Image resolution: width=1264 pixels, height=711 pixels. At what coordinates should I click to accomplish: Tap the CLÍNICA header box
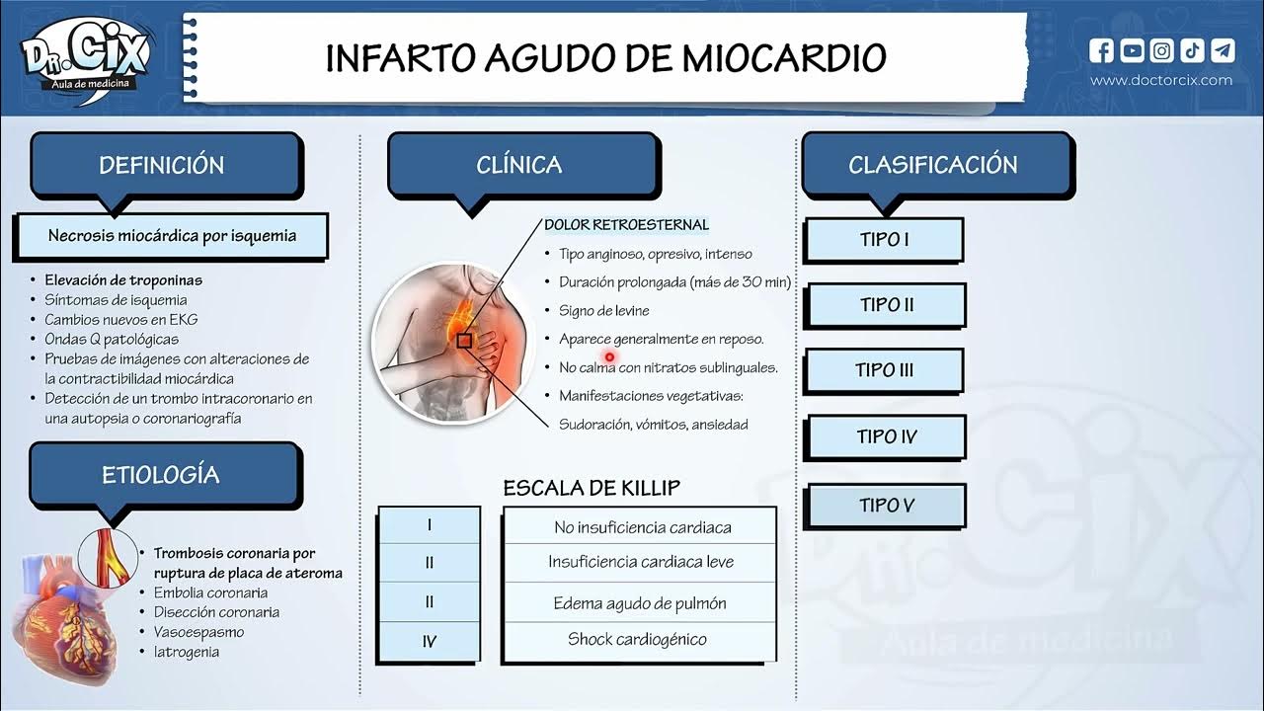click(x=519, y=165)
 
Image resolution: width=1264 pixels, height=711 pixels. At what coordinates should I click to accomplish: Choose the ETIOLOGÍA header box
click(x=161, y=475)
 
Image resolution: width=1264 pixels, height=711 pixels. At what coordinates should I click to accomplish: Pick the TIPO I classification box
click(x=884, y=240)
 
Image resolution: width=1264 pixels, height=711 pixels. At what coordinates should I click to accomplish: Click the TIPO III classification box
click(x=884, y=371)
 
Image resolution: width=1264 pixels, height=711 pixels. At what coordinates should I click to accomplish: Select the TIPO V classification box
click(x=886, y=506)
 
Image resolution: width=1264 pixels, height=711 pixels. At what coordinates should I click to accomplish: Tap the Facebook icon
click(x=1102, y=50)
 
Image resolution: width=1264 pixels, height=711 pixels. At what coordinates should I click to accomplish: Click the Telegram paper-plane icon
click(x=1223, y=50)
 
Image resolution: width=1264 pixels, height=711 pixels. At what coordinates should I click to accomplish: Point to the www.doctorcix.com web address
click(x=1161, y=80)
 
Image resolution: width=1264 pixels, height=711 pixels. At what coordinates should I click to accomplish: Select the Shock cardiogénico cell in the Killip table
click(x=637, y=640)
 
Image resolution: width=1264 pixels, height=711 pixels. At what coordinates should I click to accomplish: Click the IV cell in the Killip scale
click(x=429, y=642)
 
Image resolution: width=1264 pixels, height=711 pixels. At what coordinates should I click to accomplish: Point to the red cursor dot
click(x=610, y=357)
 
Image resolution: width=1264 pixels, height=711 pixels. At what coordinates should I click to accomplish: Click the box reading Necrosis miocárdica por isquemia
click(x=172, y=237)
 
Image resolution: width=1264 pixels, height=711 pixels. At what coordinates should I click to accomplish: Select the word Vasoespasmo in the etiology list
click(x=198, y=632)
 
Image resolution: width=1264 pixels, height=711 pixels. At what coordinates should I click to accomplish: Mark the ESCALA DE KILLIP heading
click(x=592, y=488)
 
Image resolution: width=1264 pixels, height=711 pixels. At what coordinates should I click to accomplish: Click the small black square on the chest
click(x=463, y=341)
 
